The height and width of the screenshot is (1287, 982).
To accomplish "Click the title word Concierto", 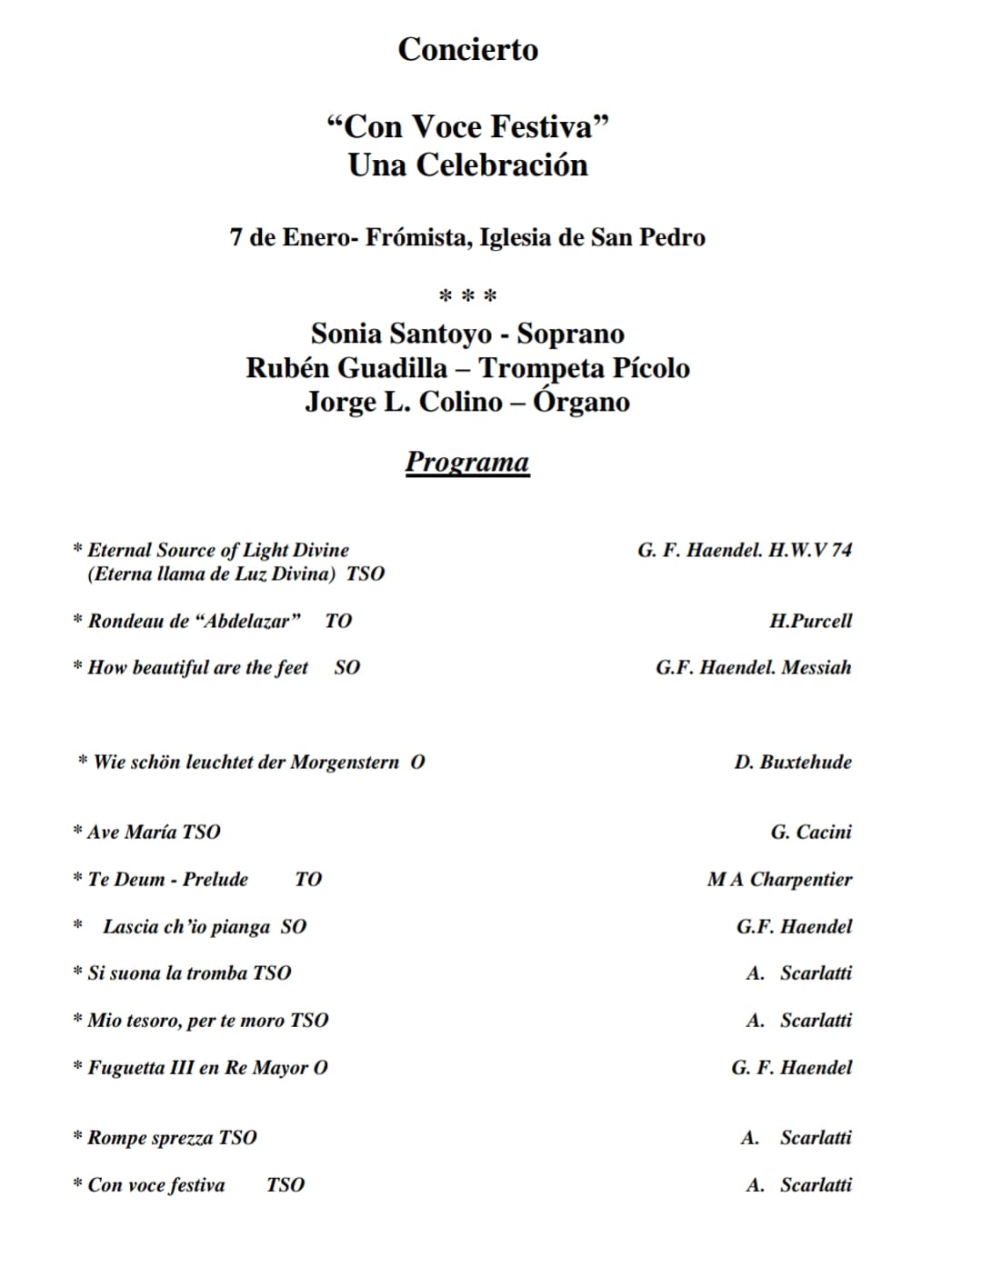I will point(467,49).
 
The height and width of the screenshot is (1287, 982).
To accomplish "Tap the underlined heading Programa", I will point(466,462).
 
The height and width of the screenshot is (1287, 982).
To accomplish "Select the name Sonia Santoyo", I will point(401,334).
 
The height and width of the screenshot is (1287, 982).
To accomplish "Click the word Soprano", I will point(571,334).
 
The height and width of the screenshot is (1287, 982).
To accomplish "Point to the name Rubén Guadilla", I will point(346,368).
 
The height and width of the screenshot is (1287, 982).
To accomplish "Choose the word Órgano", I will point(581,402).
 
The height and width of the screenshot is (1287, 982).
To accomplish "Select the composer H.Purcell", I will point(810,622).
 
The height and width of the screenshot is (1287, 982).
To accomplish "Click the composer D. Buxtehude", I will point(793,763).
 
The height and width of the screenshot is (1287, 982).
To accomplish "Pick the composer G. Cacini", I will point(811,833).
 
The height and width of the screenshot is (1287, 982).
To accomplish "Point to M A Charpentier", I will point(779,880).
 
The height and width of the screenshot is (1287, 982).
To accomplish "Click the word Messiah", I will point(817,668).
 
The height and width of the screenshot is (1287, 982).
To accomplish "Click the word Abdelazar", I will point(247,622).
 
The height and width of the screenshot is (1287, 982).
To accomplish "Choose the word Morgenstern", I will point(345,763).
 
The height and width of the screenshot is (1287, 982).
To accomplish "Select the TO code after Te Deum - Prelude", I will point(308,880).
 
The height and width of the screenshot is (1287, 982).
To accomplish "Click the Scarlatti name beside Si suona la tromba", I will point(816,973).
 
